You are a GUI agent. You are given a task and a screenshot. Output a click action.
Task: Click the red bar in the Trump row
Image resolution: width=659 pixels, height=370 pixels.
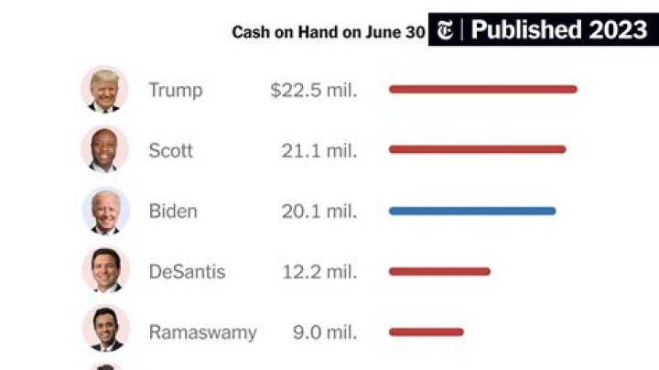tap(482, 89)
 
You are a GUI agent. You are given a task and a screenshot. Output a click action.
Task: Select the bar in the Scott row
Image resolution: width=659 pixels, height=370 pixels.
tap(477, 149)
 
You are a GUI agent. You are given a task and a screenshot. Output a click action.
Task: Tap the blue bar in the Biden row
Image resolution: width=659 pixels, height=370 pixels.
tap(471, 211)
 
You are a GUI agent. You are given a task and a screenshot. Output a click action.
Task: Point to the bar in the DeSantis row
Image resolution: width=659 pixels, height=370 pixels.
tap(439, 271)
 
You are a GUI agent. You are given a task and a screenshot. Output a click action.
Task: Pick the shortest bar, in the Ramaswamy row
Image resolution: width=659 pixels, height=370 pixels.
tap(426, 332)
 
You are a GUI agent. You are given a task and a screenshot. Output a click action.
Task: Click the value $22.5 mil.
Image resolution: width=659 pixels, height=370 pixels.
tap(313, 90)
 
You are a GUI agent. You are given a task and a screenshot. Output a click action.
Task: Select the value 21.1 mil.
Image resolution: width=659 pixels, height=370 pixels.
tap(319, 150)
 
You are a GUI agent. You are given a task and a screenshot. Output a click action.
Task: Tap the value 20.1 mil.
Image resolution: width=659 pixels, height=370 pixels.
tap(319, 212)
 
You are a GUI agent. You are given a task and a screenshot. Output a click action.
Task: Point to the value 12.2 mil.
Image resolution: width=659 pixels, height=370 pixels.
tap(319, 272)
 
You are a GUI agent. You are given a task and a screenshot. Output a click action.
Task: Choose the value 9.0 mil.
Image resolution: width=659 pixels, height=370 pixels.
tap(324, 332)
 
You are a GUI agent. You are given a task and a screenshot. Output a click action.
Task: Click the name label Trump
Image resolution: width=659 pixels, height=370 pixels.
tap(175, 90)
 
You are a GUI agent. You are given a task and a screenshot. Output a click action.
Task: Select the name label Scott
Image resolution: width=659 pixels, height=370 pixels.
tap(170, 150)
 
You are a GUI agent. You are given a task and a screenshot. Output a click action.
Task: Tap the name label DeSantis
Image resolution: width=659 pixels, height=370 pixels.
tap(187, 272)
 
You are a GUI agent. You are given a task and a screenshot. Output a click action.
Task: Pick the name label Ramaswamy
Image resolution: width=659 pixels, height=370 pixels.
tap(202, 332)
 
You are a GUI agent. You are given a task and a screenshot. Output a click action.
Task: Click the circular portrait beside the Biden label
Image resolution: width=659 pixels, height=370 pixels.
tap(105, 211)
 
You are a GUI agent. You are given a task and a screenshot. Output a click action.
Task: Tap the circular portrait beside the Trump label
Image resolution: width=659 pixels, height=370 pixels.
tap(105, 89)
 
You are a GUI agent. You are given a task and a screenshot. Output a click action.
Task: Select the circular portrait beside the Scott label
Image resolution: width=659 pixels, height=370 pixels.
tap(105, 149)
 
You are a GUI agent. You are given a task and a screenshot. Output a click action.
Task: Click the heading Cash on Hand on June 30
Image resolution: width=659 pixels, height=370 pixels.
tap(328, 32)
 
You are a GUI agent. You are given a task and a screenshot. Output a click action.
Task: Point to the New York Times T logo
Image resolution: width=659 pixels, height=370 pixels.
tap(445, 30)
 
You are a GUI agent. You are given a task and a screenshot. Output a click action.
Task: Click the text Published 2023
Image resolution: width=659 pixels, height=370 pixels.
tap(559, 30)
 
